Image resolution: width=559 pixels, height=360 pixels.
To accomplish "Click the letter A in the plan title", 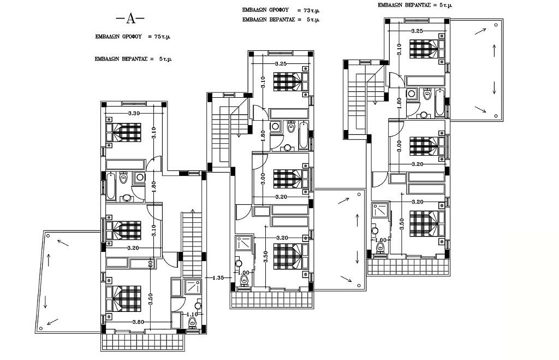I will coord(130,19).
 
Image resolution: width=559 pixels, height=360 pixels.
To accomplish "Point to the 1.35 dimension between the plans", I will coord(218,278).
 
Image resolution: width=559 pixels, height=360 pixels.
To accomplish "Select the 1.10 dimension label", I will coord(192,315).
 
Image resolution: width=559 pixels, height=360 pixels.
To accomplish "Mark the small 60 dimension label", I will coord(165,263).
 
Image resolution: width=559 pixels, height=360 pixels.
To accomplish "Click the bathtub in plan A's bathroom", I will coord(111,185).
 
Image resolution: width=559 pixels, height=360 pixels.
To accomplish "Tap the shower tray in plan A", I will coord(192,287).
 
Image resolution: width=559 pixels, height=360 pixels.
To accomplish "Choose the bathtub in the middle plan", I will coord(303,135).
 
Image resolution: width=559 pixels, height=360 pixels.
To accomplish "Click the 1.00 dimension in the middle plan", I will coord(244,273).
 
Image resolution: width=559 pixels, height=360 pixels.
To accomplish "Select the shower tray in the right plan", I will coord(380,211).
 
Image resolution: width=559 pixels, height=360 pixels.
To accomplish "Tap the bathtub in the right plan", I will coord(439,102).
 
